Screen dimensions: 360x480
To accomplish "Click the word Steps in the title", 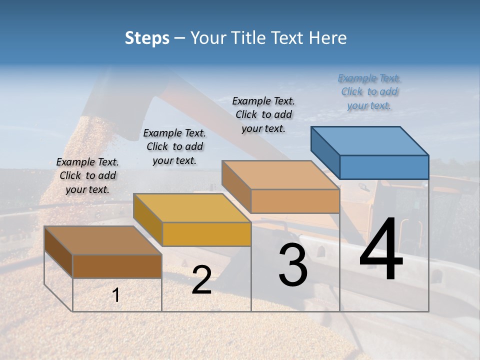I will (147, 38).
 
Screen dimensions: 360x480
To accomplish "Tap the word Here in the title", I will (328, 38).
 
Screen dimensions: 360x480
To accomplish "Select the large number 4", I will (381, 250).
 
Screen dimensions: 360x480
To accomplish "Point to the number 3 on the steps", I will (293, 265).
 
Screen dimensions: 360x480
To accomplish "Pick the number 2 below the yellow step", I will (201, 280).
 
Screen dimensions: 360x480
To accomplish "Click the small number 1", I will (116, 295).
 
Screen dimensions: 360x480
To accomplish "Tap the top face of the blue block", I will (370, 140).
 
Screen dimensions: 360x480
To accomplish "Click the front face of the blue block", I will (384, 167).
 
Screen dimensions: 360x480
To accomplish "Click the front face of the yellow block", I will (206, 234).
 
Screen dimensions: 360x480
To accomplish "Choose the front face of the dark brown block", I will (117, 266).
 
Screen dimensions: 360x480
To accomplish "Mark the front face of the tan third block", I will (295, 201).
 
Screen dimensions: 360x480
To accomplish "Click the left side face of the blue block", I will (325, 150).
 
